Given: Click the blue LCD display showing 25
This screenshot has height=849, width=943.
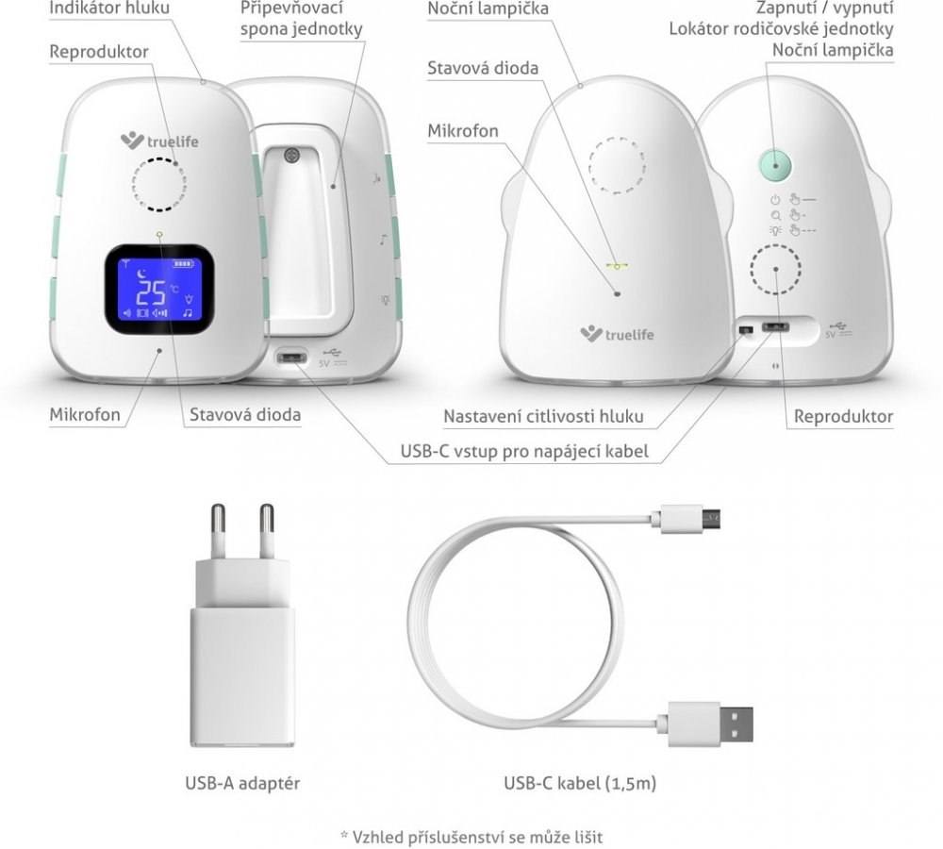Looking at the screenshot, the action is click(158, 290).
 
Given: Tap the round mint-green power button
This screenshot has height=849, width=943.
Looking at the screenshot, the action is click(775, 165).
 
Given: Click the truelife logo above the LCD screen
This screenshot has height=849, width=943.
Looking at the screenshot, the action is click(159, 141).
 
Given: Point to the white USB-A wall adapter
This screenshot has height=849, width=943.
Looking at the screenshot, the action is click(242, 625).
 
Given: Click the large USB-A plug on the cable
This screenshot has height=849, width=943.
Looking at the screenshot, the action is click(710, 724).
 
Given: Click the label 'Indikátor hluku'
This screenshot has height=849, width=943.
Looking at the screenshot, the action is click(109, 8).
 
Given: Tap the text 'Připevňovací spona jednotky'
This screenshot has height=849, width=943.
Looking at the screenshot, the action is click(302, 19).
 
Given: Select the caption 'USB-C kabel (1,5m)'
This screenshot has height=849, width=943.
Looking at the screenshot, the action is click(580, 783).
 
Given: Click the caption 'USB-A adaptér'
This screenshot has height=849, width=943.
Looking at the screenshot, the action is click(242, 783).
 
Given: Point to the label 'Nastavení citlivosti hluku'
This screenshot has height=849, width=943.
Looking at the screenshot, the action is click(544, 416).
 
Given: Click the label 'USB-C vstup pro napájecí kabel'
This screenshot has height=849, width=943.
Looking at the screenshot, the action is click(524, 451).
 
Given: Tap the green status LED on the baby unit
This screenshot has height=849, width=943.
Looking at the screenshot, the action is click(617, 265).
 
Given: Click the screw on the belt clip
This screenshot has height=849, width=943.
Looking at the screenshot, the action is click(292, 155).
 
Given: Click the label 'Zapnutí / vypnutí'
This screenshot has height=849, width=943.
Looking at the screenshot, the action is click(824, 8).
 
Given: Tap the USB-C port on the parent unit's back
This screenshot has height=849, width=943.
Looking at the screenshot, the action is click(290, 358).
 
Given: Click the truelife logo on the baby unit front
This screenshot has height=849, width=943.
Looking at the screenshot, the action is click(617, 334).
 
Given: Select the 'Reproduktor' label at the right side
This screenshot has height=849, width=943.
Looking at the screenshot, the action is click(843, 416).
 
